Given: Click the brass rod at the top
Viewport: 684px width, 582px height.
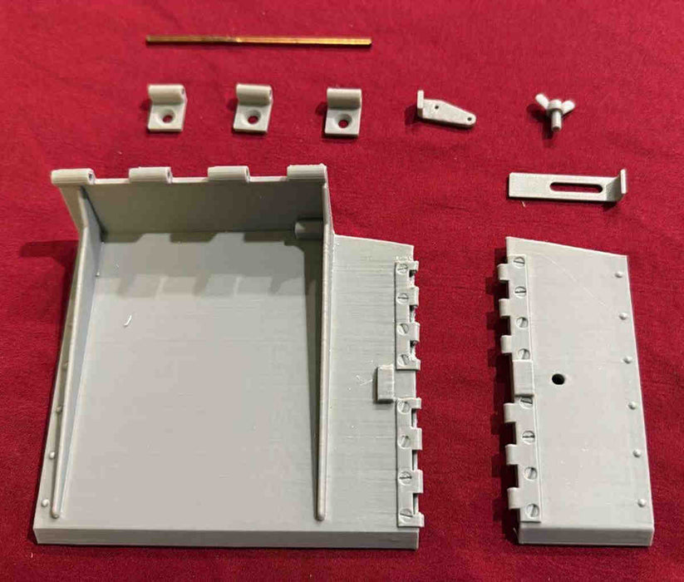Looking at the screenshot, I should click(x=258, y=40).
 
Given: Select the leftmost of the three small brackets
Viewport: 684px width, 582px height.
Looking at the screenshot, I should click(x=167, y=108).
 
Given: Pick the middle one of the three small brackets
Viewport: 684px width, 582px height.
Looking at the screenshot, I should click(x=253, y=108).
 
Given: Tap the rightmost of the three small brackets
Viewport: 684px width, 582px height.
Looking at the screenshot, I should click(x=342, y=111).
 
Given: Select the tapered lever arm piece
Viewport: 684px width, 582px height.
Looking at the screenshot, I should click(x=445, y=111).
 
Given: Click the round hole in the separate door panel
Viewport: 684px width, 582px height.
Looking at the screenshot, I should click(x=556, y=379).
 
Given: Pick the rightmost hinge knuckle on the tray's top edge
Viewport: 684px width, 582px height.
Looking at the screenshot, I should click(x=306, y=173).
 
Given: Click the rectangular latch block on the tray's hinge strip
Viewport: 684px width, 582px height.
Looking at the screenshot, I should click(x=385, y=385).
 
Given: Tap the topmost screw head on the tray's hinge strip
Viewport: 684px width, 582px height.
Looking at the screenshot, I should click(x=403, y=269).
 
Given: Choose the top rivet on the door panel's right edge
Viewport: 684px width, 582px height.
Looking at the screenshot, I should click(x=619, y=274).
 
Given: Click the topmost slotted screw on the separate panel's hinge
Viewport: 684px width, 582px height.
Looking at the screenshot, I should click(x=519, y=263).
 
